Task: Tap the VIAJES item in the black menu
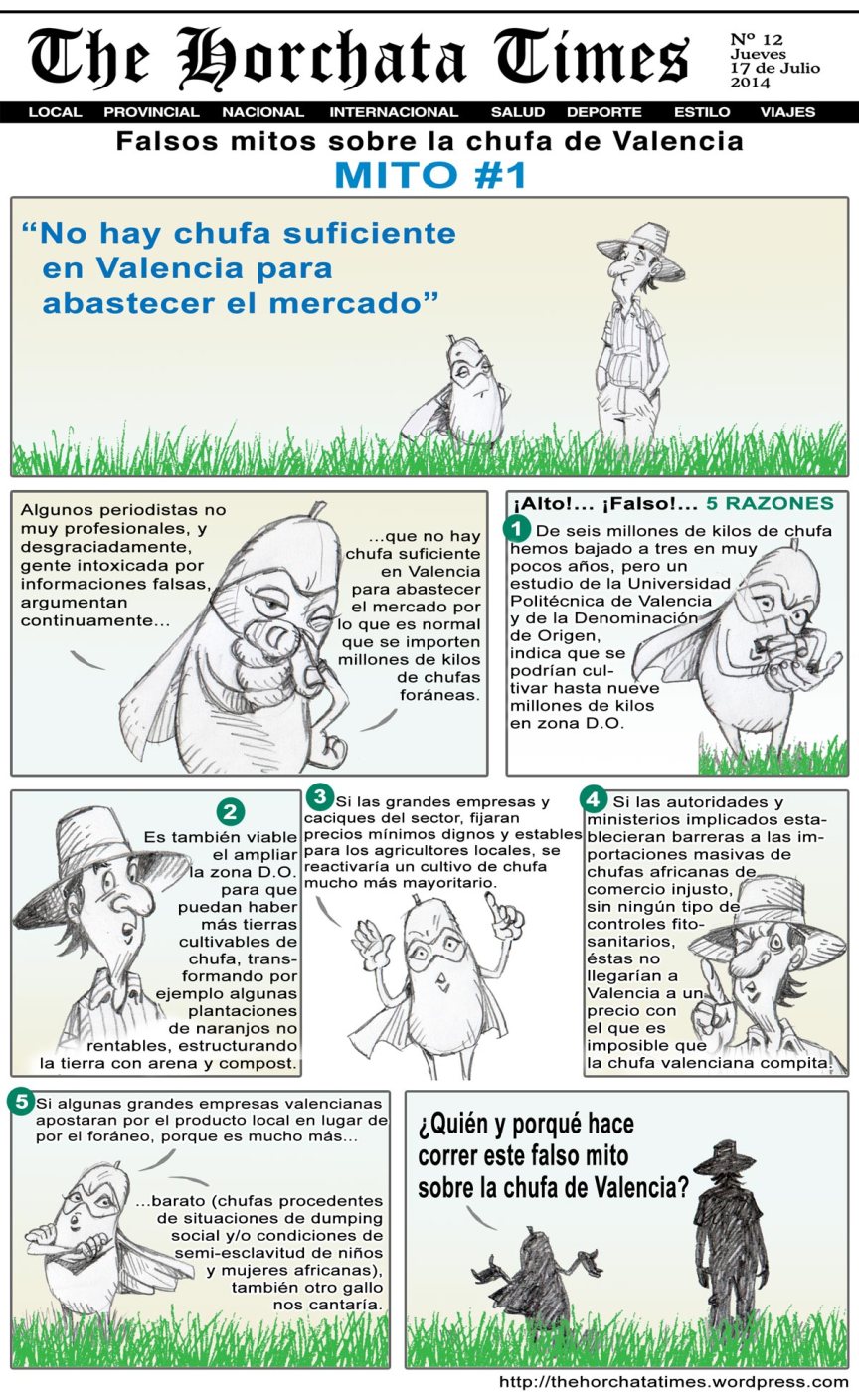coord(787,112)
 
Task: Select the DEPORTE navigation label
coord(603,112)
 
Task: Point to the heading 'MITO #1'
coord(429,175)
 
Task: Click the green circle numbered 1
coord(517,527)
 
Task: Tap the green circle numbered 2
coord(230,812)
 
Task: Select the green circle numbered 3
coord(319,796)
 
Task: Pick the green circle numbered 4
coord(593,799)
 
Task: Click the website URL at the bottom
coord(673,1382)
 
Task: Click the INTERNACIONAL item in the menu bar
coord(394,112)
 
